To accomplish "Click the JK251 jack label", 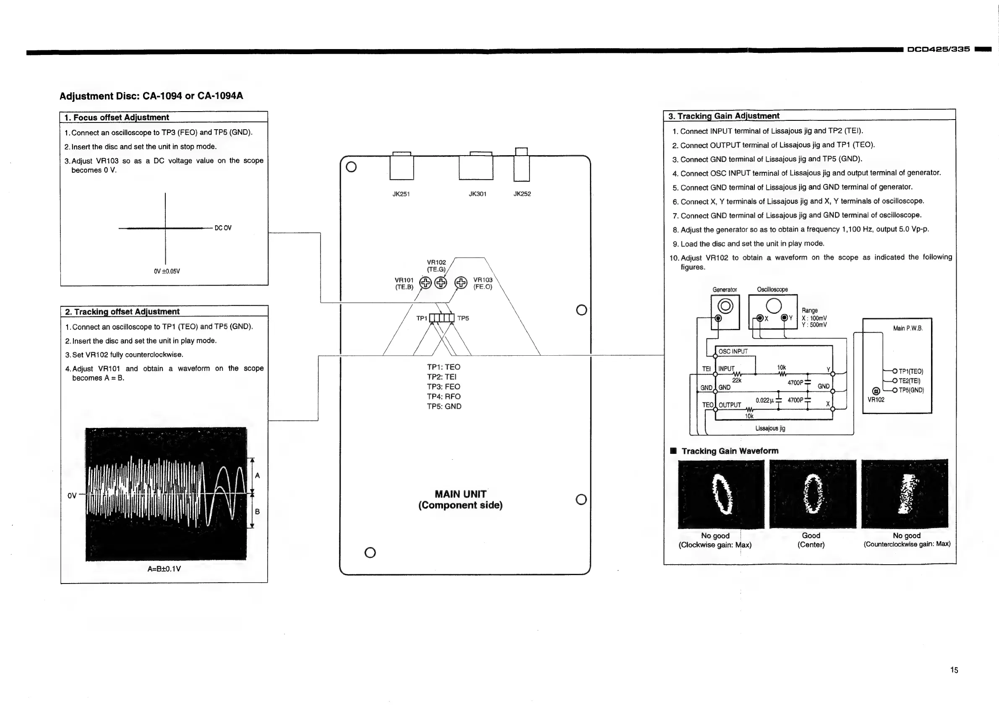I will [401, 194].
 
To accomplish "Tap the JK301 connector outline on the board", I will [476, 167].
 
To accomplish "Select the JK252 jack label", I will [522, 194].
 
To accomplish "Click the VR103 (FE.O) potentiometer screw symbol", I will [460, 283].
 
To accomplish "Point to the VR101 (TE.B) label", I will [404, 284].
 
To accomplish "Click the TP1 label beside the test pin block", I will [422, 318].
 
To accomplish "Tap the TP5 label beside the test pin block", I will [463, 318].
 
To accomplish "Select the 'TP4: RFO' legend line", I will [443, 396].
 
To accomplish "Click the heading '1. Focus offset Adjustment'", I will [117, 117].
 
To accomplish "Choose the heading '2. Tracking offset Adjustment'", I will [122, 311].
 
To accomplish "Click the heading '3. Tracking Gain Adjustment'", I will [724, 116].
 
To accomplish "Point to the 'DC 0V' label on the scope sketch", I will [223, 228].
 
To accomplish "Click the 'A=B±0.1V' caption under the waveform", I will [164, 569].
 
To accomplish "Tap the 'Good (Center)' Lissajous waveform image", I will [812, 494].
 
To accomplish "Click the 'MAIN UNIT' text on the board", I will [460, 494].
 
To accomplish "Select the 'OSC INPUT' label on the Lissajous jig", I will [733, 352].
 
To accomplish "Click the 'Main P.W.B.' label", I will [908, 328].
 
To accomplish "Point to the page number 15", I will [954, 670].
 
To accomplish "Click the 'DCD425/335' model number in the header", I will [939, 49].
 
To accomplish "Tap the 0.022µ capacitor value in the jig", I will [765, 400].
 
